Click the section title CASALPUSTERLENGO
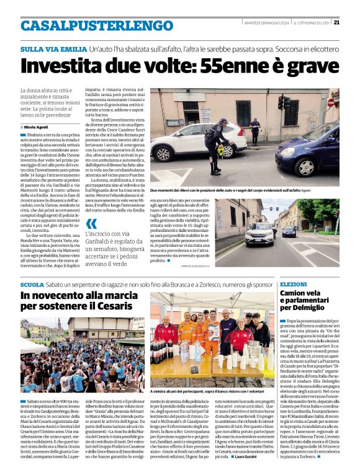(x=88, y=25)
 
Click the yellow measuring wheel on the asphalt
(x=220, y=151)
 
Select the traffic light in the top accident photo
(x=283, y=103)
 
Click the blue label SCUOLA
(x=32, y=283)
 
